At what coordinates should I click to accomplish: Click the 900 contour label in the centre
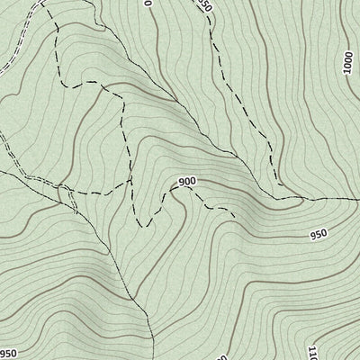pyautogui.click(x=187, y=182)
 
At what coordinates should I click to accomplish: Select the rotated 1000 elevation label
pyautogui.click(x=348, y=64)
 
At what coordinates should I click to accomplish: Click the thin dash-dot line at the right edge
pyautogui.click(x=355, y=196)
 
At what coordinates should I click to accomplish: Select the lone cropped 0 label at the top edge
pyautogui.click(x=147, y=4)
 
